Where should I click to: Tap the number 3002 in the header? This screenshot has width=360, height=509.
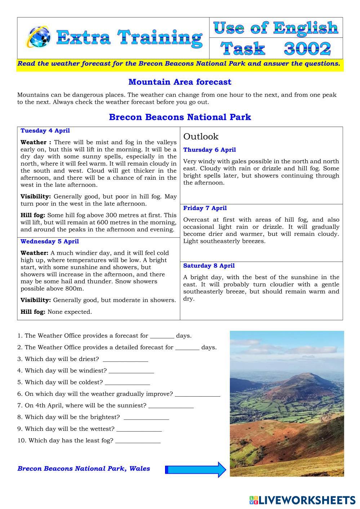307,49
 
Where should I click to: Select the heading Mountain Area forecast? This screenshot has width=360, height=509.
180,82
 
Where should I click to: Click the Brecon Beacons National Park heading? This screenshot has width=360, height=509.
180,117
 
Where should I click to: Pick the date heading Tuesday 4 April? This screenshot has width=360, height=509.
45,131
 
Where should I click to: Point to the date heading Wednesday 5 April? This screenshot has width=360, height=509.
50,241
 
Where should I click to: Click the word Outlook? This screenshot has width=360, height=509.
201,137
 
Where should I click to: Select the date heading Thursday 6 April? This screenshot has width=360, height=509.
209,150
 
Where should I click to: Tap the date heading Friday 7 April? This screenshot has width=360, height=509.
205,208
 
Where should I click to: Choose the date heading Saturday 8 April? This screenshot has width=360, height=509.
209,266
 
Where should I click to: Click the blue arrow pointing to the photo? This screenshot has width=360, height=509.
196,469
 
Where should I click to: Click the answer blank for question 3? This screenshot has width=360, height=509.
125,360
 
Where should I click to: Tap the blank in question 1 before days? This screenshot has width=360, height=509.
162,337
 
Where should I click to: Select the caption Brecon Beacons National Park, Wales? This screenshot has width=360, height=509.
84,469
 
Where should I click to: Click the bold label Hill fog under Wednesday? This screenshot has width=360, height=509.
33,312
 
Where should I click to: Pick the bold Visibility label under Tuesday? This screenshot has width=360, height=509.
36,197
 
